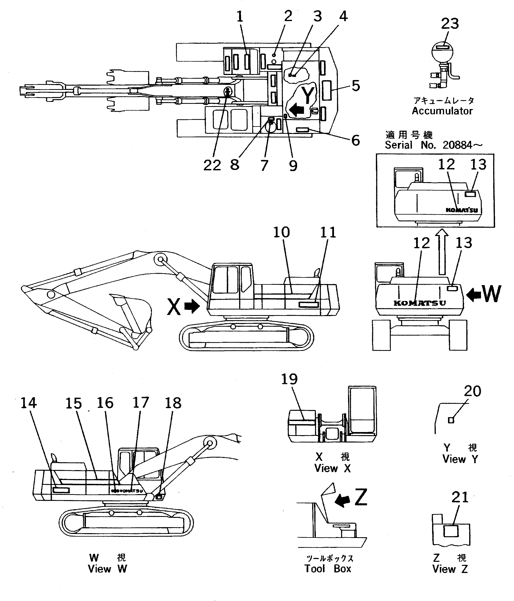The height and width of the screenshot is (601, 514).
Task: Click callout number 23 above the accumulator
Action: click(x=450, y=24)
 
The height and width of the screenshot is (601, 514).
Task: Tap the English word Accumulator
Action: click(x=442, y=111)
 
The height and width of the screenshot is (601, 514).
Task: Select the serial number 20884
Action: click(x=457, y=145)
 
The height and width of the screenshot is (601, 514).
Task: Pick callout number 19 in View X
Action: click(x=289, y=379)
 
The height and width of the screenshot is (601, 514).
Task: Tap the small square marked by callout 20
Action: click(x=451, y=420)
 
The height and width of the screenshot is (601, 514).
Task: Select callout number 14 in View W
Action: click(x=28, y=403)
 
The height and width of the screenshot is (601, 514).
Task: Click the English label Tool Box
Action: click(x=328, y=569)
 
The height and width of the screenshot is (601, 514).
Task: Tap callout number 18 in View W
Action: click(x=173, y=403)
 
